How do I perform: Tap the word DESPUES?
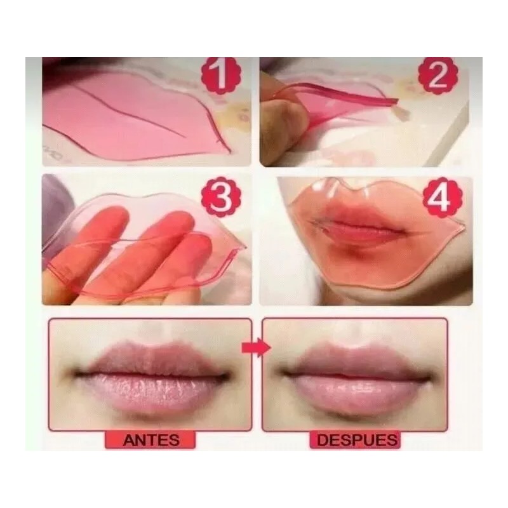click(358, 439)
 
